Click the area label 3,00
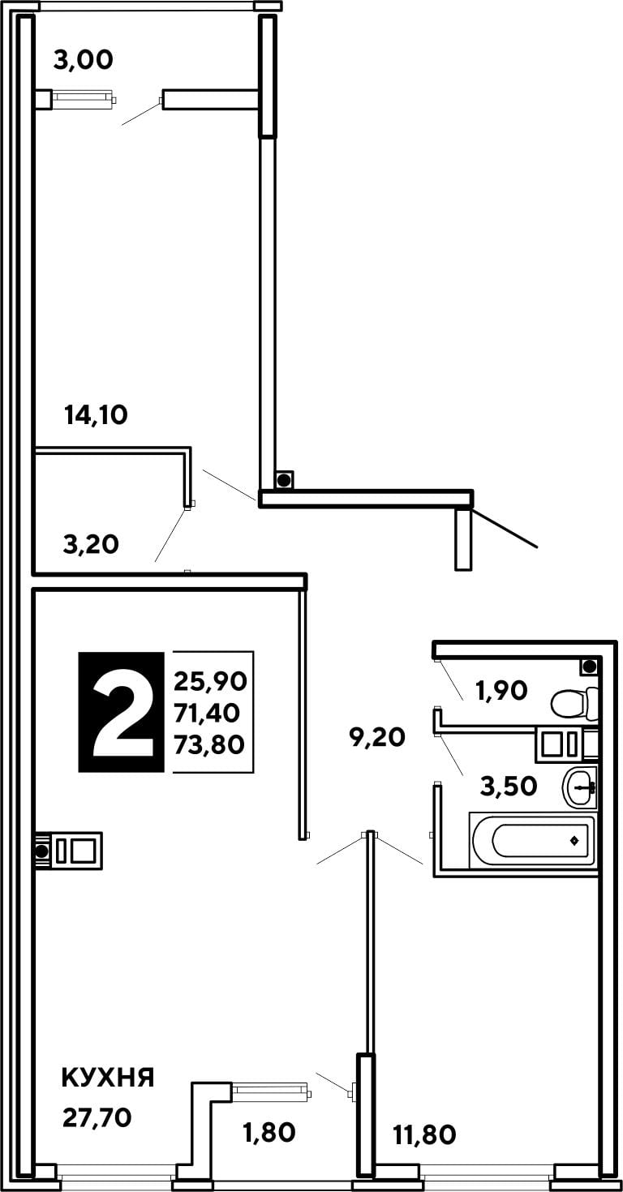(x=83, y=60)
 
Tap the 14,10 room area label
(x=96, y=415)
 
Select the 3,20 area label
(x=91, y=544)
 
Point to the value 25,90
(x=210, y=681)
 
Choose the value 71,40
(x=207, y=713)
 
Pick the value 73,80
(x=209, y=744)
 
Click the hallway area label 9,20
(x=377, y=737)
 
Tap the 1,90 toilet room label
(x=501, y=690)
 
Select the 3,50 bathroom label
(x=509, y=786)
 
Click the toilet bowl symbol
(x=574, y=703)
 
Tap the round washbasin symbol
(x=579, y=786)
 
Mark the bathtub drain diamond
(x=574, y=841)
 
